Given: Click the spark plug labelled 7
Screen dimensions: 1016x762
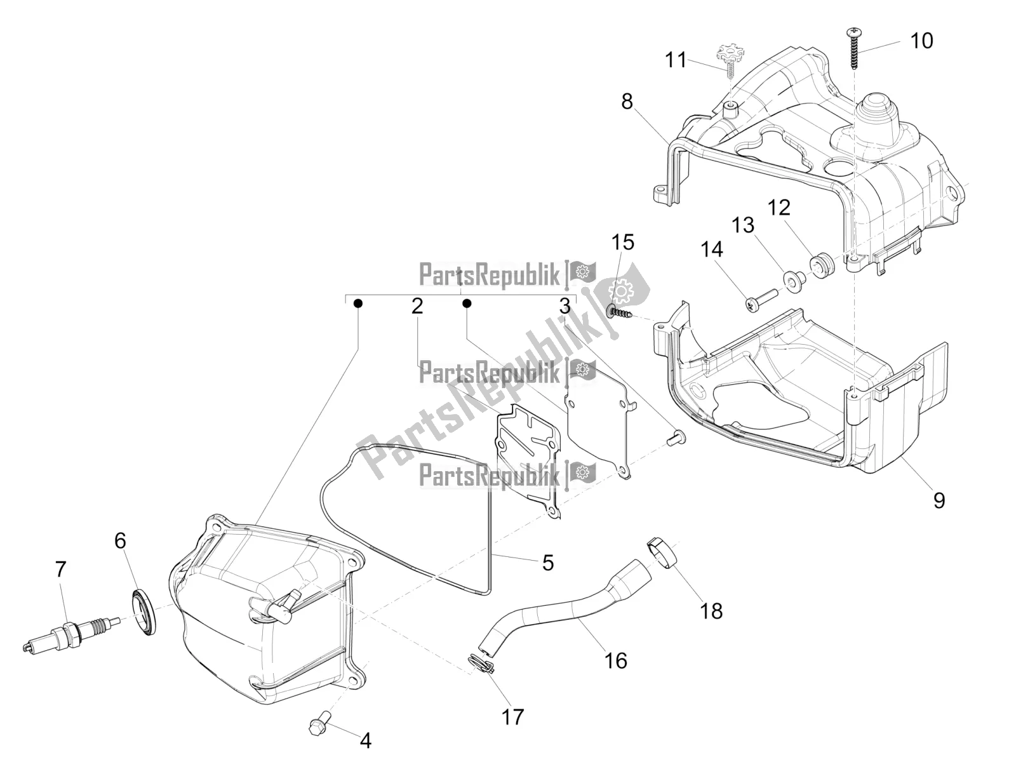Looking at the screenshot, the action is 72,632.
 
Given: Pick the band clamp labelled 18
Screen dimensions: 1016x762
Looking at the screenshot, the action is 664,553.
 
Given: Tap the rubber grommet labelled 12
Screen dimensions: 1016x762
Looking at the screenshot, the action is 822,267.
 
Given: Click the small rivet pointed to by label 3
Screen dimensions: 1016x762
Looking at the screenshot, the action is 676,438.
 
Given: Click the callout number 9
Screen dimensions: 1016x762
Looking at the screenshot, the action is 939,500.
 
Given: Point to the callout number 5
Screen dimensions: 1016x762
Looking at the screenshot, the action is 547,563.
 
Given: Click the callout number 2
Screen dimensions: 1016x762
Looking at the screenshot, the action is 417,306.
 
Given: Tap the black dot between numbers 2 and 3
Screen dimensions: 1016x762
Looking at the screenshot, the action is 467,303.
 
